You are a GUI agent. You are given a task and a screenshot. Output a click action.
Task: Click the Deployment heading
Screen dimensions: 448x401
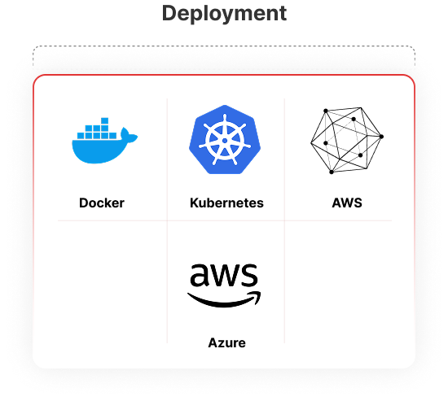[224, 14]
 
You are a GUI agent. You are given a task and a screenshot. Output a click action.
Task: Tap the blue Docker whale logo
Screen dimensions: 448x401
[104, 141]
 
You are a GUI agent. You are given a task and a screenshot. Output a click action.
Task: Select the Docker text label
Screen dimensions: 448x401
[102, 203]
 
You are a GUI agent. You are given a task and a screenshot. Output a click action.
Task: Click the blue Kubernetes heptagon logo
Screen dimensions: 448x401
[225, 140]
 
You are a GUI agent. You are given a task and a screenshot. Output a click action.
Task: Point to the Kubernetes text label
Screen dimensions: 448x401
[226, 203]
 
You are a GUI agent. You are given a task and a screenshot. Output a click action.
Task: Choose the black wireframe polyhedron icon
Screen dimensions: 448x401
[347, 141]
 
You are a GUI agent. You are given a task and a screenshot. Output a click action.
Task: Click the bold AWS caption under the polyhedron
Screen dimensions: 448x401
[347, 203]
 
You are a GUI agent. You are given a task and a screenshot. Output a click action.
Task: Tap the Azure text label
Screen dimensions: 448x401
[227, 342]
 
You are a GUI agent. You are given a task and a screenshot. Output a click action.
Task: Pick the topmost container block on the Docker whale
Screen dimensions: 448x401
[104, 120]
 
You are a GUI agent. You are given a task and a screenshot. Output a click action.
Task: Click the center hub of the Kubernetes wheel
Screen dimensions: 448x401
[225, 141]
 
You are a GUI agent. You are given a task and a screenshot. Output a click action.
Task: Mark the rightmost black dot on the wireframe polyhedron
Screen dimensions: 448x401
[381, 137]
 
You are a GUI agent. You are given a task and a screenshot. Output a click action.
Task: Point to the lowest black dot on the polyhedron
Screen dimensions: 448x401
[332, 172]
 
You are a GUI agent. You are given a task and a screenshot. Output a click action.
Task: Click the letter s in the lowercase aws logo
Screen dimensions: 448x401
[248, 275]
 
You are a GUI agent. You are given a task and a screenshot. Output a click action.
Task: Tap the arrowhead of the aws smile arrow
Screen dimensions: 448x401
[256, 296]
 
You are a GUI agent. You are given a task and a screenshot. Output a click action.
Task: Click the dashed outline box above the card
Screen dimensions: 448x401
[224, 46]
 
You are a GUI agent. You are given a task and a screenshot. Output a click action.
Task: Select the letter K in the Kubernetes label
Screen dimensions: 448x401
[195, 203]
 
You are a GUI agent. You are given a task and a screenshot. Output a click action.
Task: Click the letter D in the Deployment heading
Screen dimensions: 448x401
[169, 13]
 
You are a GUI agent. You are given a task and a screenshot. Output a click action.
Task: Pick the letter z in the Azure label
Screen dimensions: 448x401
[223, 344]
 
